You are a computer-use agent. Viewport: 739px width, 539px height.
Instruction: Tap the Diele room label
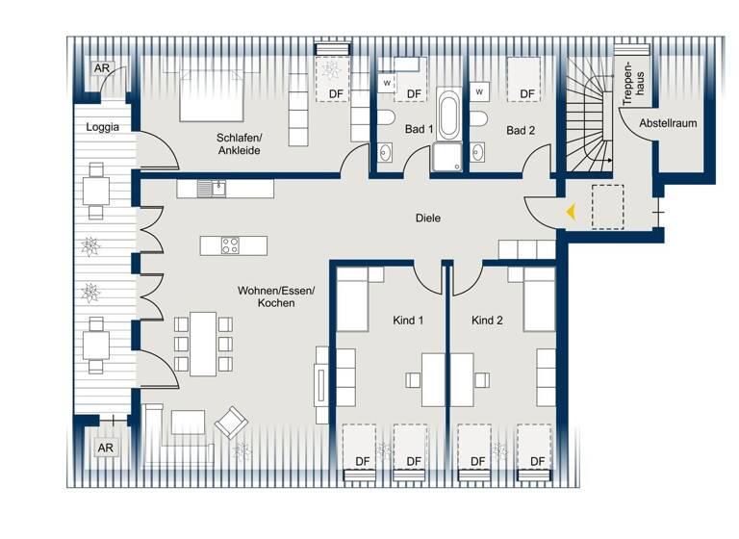428,218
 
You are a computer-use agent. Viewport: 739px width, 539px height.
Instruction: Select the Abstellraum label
668,124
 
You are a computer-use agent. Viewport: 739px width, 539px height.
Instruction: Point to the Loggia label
103,127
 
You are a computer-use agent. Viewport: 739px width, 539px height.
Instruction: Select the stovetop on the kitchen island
232,245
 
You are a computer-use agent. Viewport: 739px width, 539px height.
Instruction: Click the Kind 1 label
409,321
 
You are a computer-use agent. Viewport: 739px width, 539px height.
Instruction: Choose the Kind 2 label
487,321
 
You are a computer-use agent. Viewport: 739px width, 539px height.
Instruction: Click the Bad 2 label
521,130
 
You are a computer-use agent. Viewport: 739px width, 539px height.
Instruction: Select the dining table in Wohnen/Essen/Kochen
203,343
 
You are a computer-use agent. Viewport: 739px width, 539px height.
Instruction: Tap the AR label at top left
101,68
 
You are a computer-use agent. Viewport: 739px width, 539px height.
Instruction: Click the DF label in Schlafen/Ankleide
337,93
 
